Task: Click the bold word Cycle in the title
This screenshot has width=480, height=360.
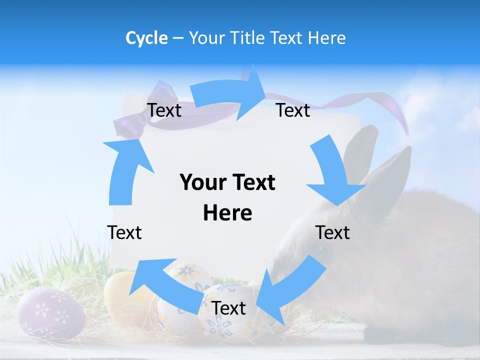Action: pos(146,38)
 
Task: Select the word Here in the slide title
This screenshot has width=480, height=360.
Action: pos(327,38)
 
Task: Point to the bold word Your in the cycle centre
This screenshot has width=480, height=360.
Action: pos(200,182)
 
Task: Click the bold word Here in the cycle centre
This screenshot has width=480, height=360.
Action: pos(227,213)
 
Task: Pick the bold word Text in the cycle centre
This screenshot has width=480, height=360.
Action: pos(253,182)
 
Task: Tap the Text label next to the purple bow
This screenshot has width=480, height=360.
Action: pos(164,110)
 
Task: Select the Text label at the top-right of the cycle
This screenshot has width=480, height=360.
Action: pos(293,110)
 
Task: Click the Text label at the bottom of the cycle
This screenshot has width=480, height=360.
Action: pos(228,308)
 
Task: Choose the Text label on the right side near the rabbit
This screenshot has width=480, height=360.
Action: pos(332,232)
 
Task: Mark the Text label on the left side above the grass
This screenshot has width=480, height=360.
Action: pos(124,232)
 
